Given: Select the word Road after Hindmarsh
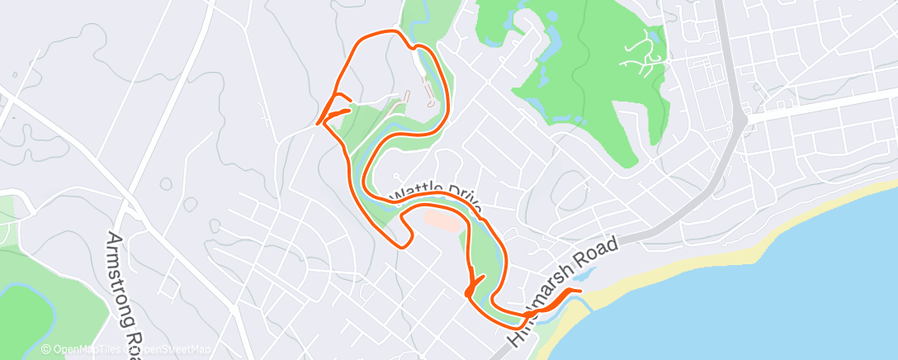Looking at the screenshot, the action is [x=595, y=250].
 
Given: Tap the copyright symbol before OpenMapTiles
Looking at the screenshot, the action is [x=46, y=350].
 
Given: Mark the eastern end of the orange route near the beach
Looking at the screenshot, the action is [x=580, y=291].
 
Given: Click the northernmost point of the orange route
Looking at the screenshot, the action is [x=388, y=31].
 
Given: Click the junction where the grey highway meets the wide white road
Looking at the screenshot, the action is [x=740, y=121].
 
